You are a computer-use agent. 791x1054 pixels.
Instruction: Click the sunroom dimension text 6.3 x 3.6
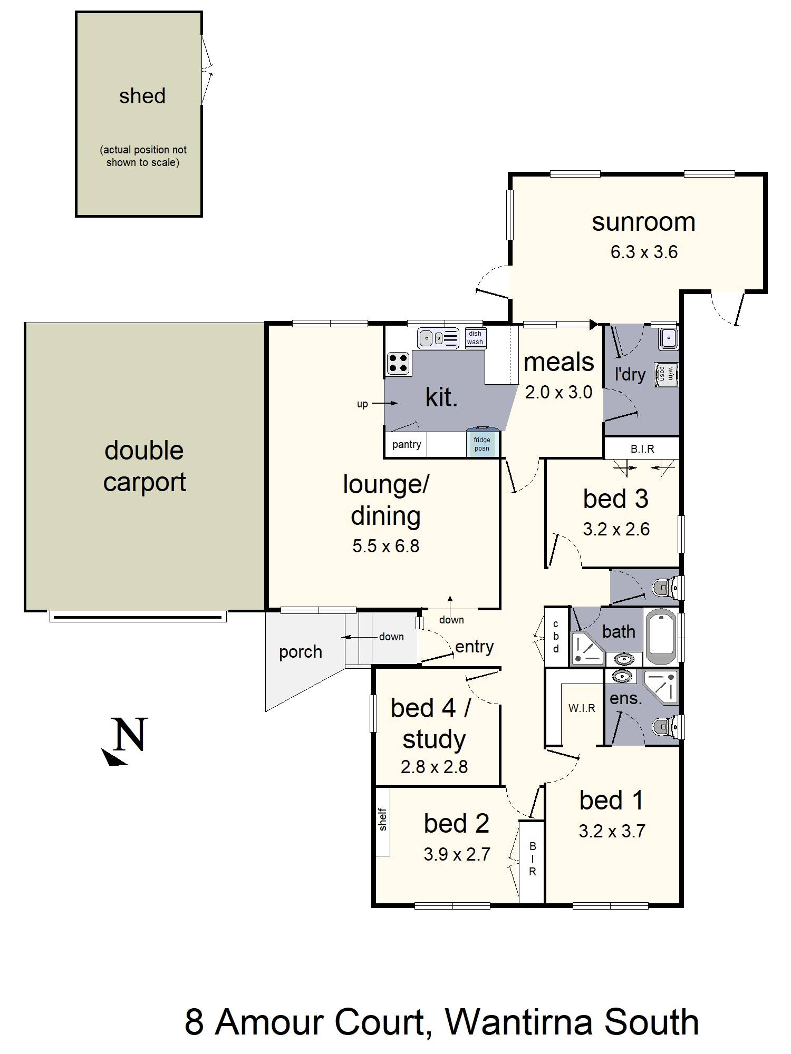pos(644,252)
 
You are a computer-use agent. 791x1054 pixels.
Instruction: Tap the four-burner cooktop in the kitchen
pos(399,363)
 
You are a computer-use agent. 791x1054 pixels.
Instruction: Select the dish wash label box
pos(475,337)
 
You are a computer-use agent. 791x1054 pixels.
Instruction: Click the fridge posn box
pos(482,443)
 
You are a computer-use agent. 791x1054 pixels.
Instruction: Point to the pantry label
pos(407,444)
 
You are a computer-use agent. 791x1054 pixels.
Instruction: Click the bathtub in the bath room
pos(661,637)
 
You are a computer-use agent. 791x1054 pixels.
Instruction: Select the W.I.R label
pos(582,708)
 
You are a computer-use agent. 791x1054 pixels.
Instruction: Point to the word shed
pos(142,96)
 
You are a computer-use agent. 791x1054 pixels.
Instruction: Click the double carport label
pos(144,466)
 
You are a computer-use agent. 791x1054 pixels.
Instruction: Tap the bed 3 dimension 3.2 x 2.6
pos(616,529)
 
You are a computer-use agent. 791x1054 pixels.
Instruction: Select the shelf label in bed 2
pos(383,819)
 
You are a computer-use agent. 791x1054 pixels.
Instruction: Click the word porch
pos(300,652)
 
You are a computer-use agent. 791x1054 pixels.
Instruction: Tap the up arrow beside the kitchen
pos(384,404)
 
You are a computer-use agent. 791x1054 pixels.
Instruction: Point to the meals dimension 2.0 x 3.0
pos(559,392)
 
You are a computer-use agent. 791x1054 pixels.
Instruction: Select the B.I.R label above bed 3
pos(642,449)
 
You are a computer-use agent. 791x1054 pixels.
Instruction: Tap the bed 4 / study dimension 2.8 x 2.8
pos(434,767)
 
